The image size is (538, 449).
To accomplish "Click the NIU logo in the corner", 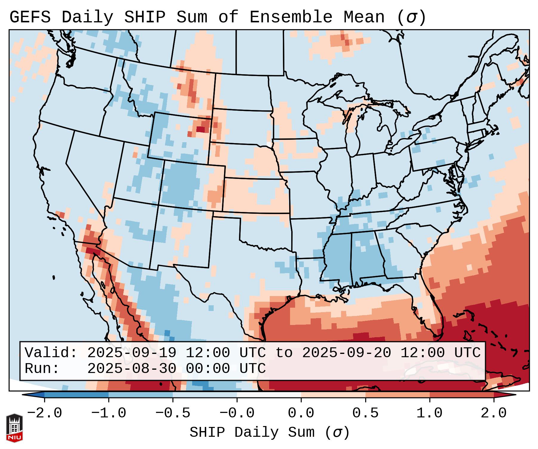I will click(14, 428).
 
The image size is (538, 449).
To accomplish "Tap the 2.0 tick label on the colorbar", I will click(494, 413).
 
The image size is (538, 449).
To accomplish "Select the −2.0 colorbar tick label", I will click(44, 413).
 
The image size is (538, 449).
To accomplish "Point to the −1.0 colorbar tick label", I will click(109, 413).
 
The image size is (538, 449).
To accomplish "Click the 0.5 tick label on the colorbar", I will click(365, 413).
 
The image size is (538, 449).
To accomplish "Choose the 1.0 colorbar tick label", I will click(429, 413).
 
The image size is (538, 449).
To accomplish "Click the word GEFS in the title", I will click(30, 17).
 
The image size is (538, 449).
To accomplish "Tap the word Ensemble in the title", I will click(291, 17).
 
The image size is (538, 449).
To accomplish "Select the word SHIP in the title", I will click(144, 17).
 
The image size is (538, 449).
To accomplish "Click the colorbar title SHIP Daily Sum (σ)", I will click(269, 433).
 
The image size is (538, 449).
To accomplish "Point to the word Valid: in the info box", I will click(51, 353).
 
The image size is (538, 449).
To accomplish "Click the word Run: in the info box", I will click(42, 369).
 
